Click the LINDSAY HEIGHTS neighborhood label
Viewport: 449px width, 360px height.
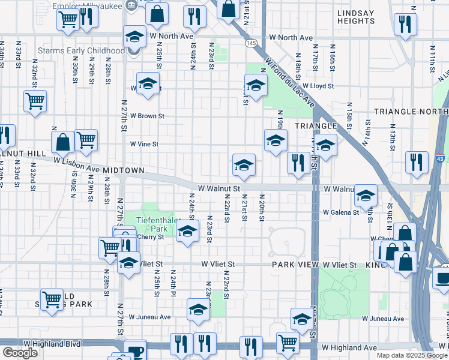click(x=356, y=16)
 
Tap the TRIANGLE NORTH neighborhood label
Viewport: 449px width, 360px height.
click(x=410, y=112)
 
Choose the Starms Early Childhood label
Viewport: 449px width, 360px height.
click(x=81, y=50)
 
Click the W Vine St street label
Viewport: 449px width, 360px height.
click(x=144, y=144)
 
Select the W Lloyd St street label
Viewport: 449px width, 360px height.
click(x=318, y=86)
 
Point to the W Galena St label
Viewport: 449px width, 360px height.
click(x=340, y=212)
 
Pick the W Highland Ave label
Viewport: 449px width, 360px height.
click(x=349, y=347)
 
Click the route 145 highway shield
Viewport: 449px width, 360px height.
click(x=251, y=43)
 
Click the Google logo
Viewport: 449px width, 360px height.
click(x=20, y=353)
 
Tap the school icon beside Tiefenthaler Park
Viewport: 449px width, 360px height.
click(x=188, y=231)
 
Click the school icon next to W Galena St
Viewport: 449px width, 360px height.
click(x=366, y=195)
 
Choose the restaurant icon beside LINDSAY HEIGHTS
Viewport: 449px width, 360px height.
click(x=405, y=23)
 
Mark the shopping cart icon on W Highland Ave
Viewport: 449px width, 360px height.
click(x=288, y=341)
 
